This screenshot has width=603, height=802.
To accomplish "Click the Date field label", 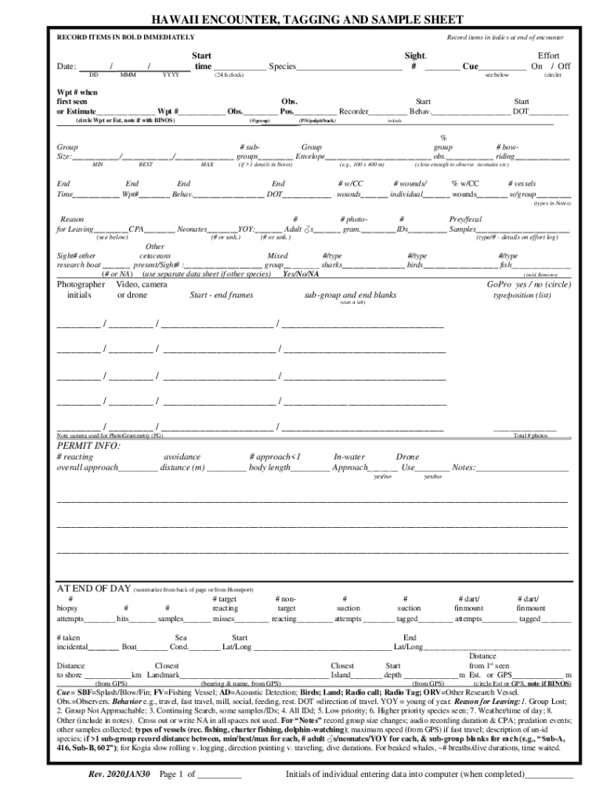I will click(x=66, y=67).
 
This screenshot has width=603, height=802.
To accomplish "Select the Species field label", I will click(x=282, y=67).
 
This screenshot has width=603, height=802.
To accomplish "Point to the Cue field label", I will click(x=470, y=67).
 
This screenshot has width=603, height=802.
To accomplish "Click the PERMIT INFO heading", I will click(x=88, y=446).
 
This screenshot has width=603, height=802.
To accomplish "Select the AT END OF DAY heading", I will click(x=93, y=588).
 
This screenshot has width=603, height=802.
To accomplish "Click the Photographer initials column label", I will click(x=81, y=290).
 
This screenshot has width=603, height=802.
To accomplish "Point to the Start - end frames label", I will click(x=222, y=295).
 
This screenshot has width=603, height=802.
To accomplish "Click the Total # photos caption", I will click(x=530, y=435).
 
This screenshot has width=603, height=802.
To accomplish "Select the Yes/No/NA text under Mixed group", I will click(x=301, y=275).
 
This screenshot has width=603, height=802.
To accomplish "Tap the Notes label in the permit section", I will click(x=464, y=468).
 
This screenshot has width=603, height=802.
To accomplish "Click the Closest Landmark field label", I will click(x=164, y=670).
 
